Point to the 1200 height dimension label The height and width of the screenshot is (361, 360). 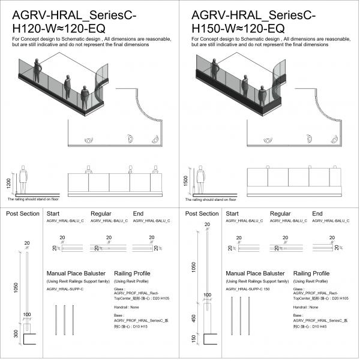pos(8,182)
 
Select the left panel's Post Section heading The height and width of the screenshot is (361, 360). pos(22,213)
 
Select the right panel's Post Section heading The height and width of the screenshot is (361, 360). pos(202,213)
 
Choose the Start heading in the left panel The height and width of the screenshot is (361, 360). pos(53,213)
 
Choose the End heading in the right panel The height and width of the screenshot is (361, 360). pos(317,213)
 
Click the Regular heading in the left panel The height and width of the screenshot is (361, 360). pos(101,213)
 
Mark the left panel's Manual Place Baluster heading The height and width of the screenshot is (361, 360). pos(73,273)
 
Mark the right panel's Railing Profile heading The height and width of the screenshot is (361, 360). pos(311,273)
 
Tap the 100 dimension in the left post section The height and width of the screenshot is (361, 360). pos(27,314)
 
